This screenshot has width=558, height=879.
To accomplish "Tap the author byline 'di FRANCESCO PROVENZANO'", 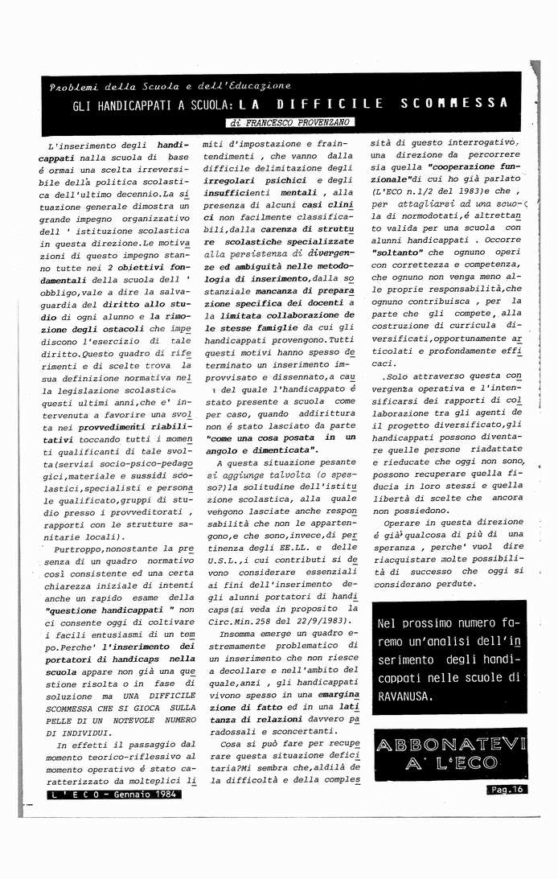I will pyautogui.click(x=291, y=123).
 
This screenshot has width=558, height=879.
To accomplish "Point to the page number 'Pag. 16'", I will pyautogui.click(x=506, y=789).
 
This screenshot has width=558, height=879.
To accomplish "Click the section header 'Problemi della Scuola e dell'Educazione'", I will pyautogui.click(x=170, y=85).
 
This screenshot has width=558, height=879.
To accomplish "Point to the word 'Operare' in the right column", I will pyautogui.click(x=405, y=521).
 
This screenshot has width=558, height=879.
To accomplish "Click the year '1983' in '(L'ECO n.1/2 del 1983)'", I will pyautogui.click(x=466, y=192).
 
